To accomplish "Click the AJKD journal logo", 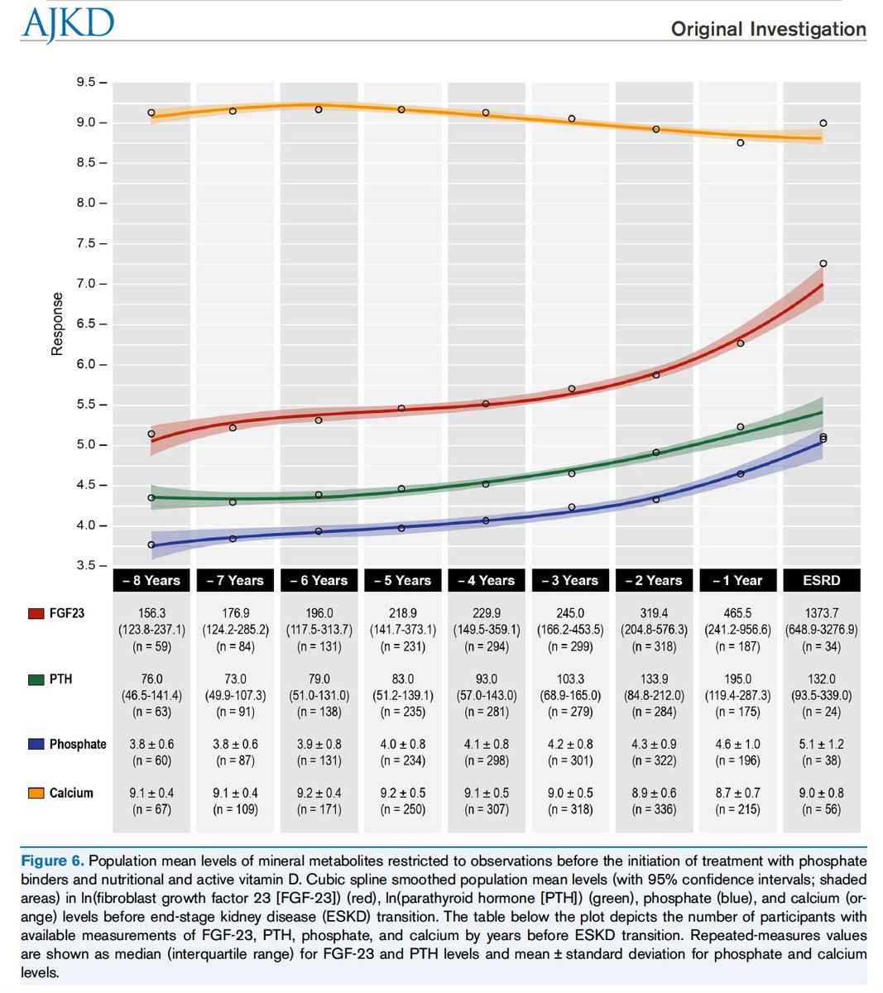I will click(69, 25).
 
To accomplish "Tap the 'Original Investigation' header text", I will click(768, 30).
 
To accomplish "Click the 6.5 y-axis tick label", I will click(87, 324).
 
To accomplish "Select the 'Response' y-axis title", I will click(57, 324).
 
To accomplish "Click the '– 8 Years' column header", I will click(151, 580).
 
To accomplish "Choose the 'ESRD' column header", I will click(821, 580).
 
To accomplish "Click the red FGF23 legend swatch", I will click(36, 614).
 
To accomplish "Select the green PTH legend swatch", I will click(36, 679).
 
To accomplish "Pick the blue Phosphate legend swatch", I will click(36, 745).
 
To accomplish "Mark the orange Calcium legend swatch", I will click(36, 794).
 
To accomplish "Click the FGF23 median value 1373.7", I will click(821, 613).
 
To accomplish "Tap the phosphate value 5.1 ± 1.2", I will click(821, 744).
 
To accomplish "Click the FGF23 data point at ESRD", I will click(823, 264).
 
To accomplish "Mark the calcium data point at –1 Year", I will click(741, 142).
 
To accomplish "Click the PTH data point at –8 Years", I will click(151, 498).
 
